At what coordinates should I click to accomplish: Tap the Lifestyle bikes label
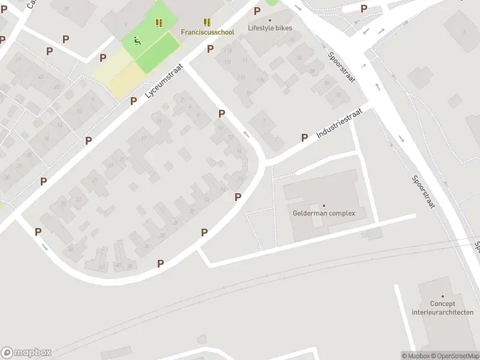point(270,28)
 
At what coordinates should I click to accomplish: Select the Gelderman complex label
point(324,213)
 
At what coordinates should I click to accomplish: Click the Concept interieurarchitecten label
point(443,308)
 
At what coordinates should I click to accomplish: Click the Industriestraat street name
point(340,122)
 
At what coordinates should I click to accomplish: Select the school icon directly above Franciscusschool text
point(207,23)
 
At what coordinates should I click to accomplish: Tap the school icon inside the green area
point(159,23)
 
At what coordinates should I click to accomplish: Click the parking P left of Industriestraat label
point(304,137)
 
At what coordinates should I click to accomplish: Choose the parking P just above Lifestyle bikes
point(257,11)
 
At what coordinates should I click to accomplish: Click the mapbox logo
point(26,353)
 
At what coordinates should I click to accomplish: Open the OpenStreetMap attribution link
point(454,356)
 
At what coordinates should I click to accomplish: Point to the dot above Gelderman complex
point(324,206)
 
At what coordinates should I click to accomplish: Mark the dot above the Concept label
point(443,296)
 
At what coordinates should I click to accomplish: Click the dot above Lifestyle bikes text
point(270,20)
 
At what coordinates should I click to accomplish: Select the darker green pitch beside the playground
point(157,53)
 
